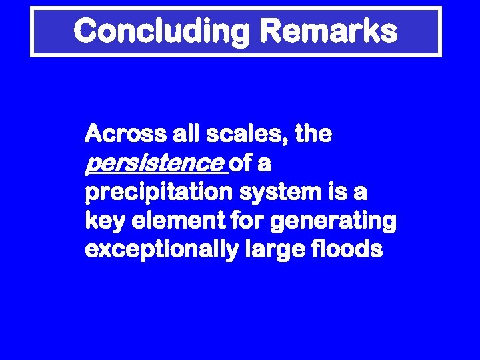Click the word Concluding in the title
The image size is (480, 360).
click(160, 31)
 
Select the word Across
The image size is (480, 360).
click(124, 135)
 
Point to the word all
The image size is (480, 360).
click(183, 135)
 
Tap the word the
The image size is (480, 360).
click(313, 135)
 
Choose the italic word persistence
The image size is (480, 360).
click(155, 164)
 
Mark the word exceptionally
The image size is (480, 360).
click(160, 250)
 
